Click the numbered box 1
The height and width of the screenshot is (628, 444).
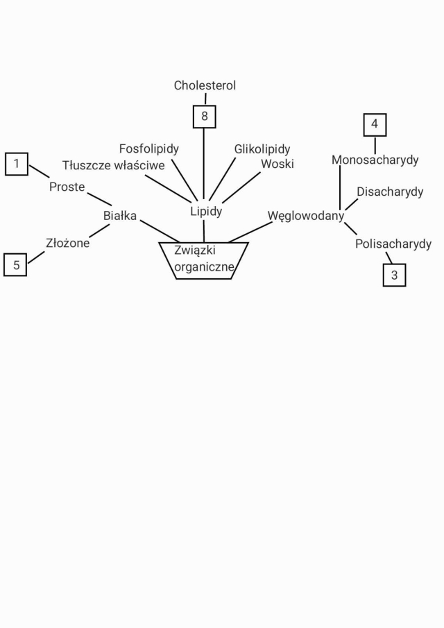pyautogui.click(x=17, y=164)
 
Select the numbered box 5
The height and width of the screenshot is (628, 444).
pyautogui.click(x=15, y=265)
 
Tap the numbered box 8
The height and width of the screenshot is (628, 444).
pyautogui.click(x=204, y=117)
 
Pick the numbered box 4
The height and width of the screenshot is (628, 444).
pyautogui.click(x=375, y=125)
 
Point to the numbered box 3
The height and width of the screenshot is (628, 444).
pyautogui.click(x=394, y=275)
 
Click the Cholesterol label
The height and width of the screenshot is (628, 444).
pyautogui.click(x=205, y=86)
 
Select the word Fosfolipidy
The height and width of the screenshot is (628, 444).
pyautogui.click(x=149, y=149)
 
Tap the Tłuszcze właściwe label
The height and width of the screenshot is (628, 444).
pyautogui.click(x=114, y=165)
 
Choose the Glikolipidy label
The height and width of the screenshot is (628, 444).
pyautogui.click(x=262, y=149)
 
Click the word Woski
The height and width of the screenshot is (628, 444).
pyautogui.click(x=277, y=164)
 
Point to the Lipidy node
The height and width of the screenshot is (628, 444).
pyautogui.click(x=206, y=211)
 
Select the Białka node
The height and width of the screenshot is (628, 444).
pyautogui.click(x=120, y=216)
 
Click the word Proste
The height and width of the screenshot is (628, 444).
pyautogui.click(x=67, y=187)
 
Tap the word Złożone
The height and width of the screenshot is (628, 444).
pyautogui.click(x=67, y=244)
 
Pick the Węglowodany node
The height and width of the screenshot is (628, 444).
pyautogui.click(x=306, y=216)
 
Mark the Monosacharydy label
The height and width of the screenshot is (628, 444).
pyautogui.click(x=375, y=160)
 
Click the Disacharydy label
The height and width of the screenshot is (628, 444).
pyautogui.click(x=390, y=192)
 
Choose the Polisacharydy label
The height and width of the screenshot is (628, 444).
pyautogui.click(x=393, y=244)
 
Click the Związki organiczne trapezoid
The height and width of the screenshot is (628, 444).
pyautogui.click(x=204, y=260)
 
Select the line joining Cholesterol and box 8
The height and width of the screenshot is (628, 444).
pyautogui.click(x=205, y=99)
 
